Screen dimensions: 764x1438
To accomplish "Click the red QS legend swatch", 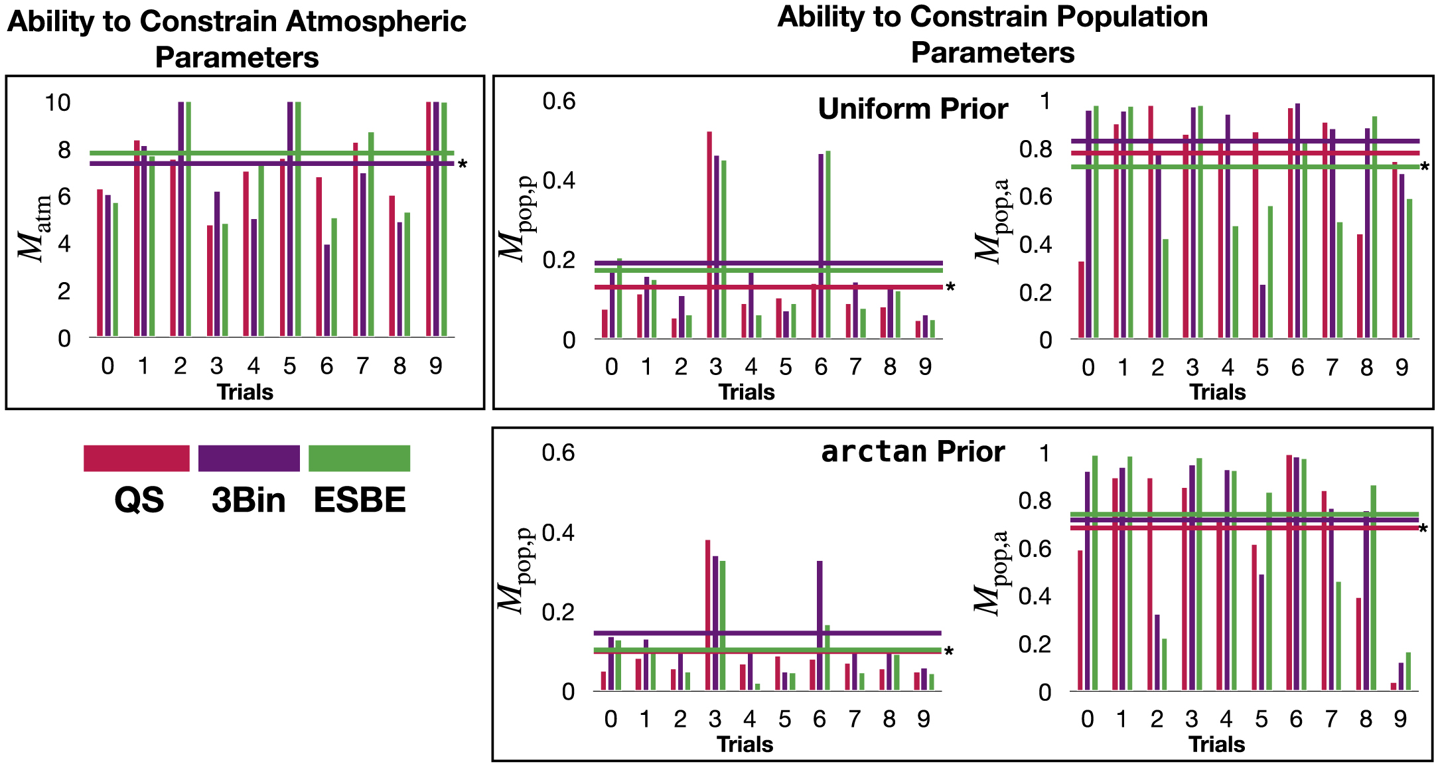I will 136,458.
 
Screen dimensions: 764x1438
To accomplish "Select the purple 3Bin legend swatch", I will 249,458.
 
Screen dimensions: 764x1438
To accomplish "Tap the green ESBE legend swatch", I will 359,458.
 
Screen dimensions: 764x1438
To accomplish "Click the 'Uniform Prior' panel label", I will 912,109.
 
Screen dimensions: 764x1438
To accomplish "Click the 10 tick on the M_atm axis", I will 58,102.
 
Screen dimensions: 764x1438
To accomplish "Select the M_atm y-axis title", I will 35,228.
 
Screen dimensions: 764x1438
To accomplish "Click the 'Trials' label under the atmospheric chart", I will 245,392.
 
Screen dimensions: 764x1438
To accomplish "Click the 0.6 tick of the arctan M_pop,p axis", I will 558,453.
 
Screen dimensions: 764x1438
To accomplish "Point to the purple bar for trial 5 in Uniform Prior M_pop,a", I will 1263,311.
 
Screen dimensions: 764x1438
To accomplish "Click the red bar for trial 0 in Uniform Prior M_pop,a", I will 1082,299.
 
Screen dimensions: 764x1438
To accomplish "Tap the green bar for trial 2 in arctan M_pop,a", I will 1164,664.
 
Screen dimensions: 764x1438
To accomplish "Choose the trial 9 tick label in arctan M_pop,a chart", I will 1400,719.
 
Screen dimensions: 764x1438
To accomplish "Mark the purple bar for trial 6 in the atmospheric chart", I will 327,290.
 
